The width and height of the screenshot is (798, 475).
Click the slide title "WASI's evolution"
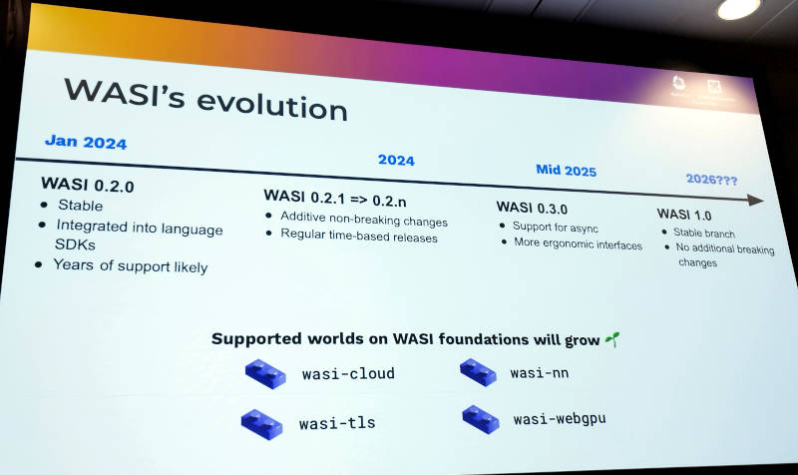[x=205, y=98]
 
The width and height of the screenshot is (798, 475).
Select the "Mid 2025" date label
[x=566, y=171]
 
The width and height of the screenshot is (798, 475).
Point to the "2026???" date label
[x=712, y=179]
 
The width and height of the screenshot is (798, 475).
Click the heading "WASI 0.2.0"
[x=87, y=185]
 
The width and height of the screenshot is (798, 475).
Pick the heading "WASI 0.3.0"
[x=532, y=209]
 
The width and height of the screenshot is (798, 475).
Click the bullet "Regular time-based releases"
[x=359, y=237]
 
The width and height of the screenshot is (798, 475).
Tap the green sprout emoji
[x=611, y=340]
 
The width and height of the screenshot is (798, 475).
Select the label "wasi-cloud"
[x=348, y=374]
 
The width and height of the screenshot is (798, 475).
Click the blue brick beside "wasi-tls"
[x=261, y=422]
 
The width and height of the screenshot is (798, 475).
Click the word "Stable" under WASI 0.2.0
[x=81, y=206]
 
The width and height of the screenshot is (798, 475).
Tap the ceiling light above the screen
[x=737, y=8]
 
